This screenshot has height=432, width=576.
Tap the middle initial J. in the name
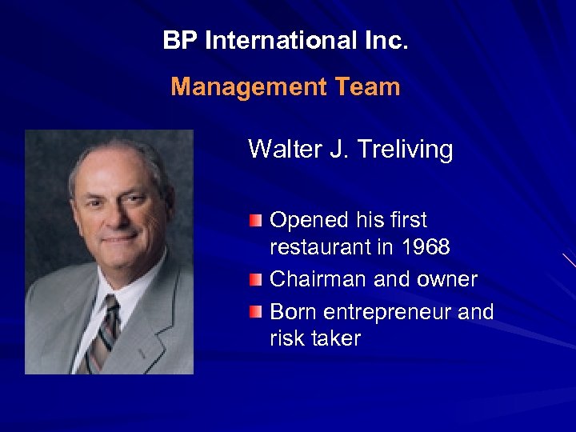(x=333, y=149)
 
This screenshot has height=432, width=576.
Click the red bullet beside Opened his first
(x=255, y=219)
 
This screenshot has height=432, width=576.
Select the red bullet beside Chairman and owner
(x=255, y=278)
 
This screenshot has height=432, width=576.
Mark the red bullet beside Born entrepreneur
(x=255, y=310)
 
